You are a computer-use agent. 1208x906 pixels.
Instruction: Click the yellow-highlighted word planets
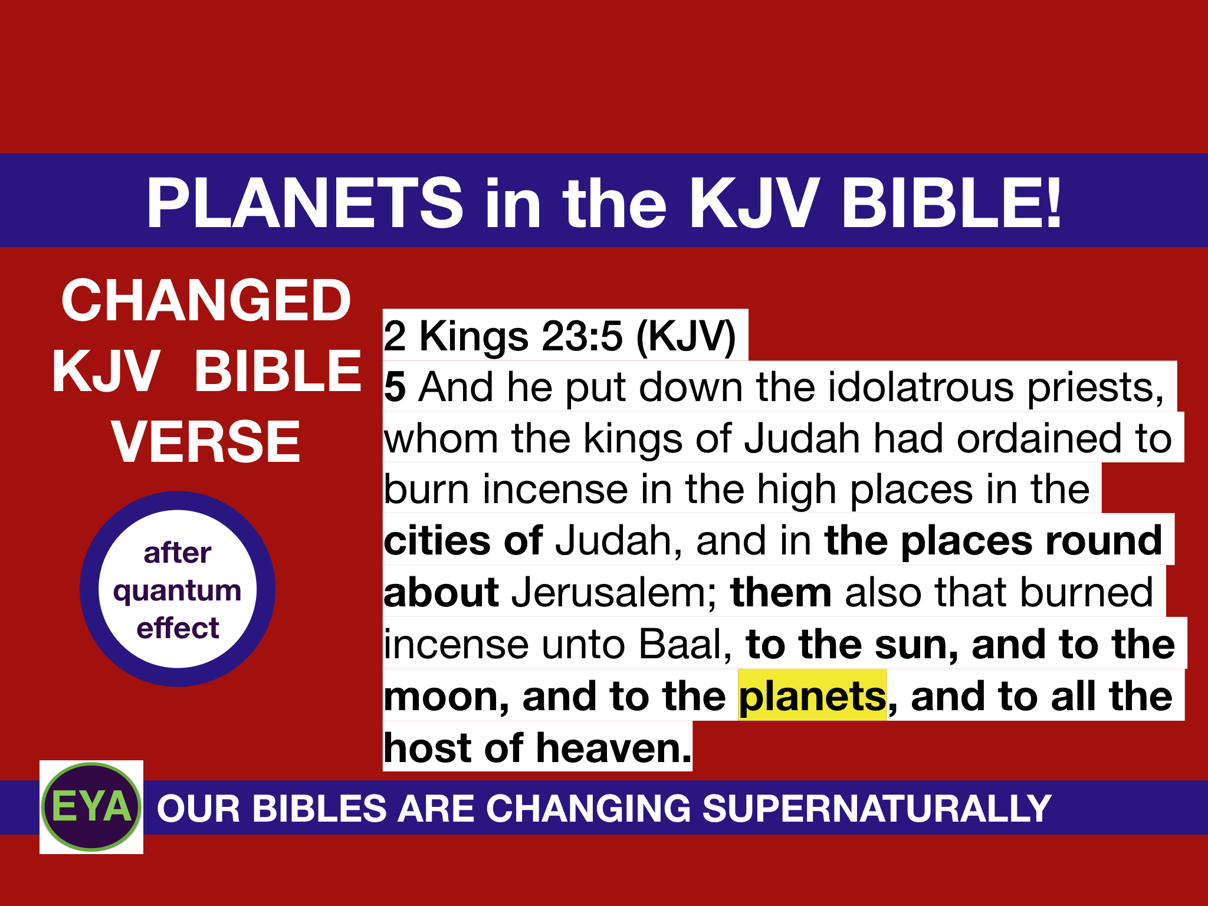[x=812, y=697]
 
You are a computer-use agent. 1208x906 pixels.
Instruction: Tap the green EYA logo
[x=91, y=806]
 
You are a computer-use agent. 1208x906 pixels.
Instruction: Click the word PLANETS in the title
[x=304, y=203]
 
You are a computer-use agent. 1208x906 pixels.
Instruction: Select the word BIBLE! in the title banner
[x=951, y=203]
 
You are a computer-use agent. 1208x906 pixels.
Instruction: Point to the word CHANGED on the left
[x=206, y=301]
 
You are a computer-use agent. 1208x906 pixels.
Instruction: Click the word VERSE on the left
[x=206, y=442]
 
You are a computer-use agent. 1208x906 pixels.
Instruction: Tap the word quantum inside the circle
[x=177, y=590]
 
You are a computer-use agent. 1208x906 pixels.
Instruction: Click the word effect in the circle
[x=178, y=628]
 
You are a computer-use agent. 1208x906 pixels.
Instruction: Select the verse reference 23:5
[x=582, y=336]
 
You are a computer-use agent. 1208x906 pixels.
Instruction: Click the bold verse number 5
[x=395, y=388]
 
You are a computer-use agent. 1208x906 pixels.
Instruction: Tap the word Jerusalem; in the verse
[x=613, y=593]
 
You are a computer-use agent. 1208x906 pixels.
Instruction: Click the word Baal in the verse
[x=685, y=644]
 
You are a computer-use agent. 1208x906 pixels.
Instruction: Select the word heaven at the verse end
[x=613, y=748]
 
